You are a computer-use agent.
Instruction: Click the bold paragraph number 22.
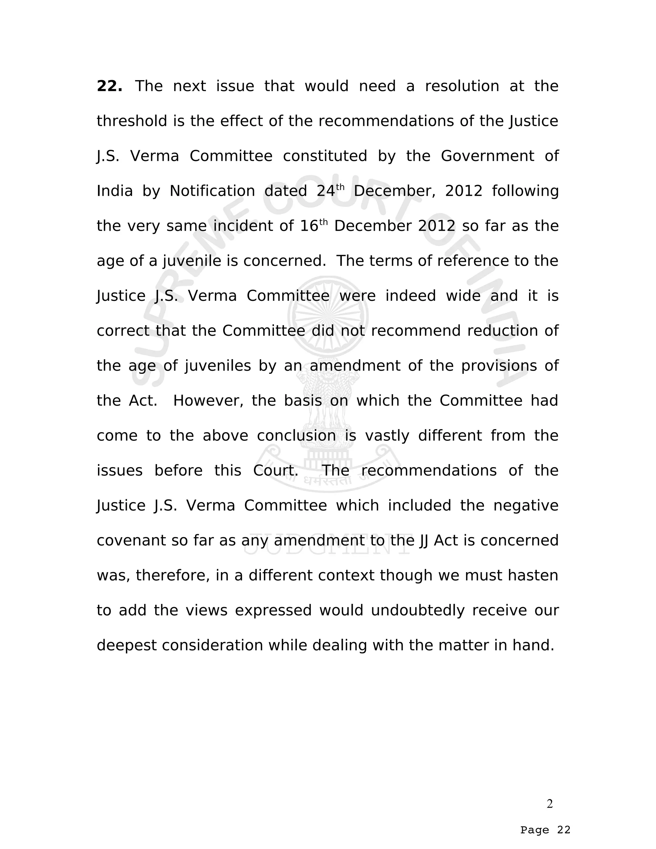[x=109, y=86]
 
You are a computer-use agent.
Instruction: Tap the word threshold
[x=132, y=121]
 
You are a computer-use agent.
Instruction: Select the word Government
[x=487, y=156]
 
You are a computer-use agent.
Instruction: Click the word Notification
[x=212, y=191]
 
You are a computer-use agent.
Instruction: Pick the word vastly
[x=387, y=436]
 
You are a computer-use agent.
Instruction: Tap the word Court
[x=275, y=471]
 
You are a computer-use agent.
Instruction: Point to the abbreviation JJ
[x=424, y=541]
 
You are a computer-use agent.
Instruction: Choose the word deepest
[x=127, y=646]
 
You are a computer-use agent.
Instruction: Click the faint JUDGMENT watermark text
[x=328, y=544]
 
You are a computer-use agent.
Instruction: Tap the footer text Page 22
[x=545, y=830]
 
